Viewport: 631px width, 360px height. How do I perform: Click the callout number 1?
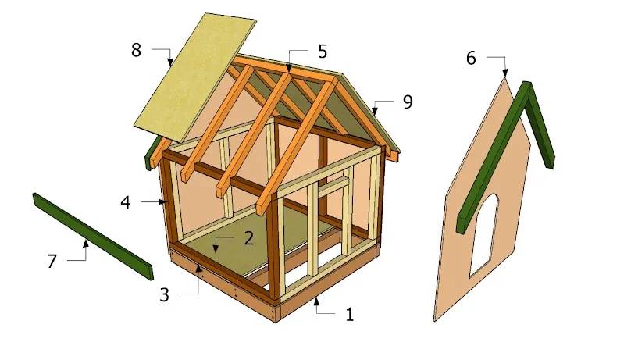[349, 314]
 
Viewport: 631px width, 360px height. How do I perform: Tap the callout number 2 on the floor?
[249, 238]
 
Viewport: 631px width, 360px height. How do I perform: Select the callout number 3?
[164, 295]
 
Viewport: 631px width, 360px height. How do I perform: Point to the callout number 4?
[126, 202]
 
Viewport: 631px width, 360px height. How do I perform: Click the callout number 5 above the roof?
[323, 52]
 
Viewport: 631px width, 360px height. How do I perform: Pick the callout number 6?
[471, 58]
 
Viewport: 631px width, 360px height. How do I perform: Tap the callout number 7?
[52, 262]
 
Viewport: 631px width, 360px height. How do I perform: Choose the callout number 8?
[136, 50]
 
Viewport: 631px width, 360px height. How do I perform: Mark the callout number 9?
[408, 102]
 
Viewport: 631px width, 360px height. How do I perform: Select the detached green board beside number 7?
[94, 237]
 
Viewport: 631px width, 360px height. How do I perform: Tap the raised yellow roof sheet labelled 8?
[194, 77]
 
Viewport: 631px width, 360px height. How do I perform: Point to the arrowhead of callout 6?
[504, 73]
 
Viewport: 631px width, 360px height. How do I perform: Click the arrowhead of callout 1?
[316, 300]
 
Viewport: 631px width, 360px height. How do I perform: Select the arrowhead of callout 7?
[85, 243]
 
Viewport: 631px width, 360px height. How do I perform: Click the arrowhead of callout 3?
[198, 268]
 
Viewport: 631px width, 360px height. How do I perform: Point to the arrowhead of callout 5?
[289, 69]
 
